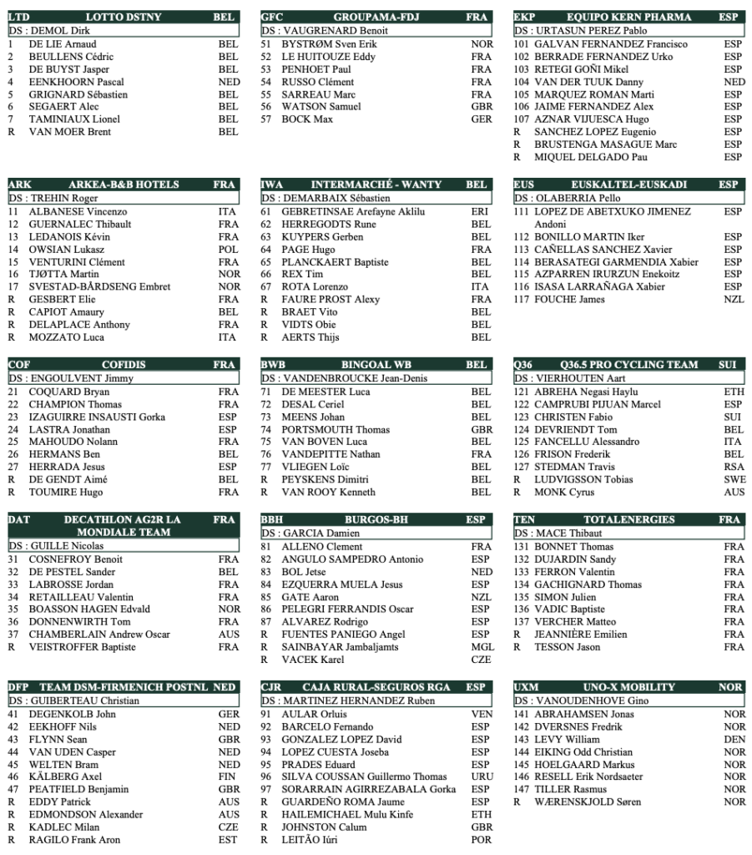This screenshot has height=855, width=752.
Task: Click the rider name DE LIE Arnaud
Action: pos(63,44)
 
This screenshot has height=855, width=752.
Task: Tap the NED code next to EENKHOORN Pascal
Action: pos(228,82)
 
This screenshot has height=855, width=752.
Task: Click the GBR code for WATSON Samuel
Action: pos(482,107)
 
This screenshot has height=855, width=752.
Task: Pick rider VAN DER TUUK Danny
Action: pos(588,82)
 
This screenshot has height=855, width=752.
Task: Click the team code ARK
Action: pos(18,185)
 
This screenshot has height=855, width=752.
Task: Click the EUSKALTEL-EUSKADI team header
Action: pos(629,185)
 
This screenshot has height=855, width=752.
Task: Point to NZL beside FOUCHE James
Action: pos(734,300)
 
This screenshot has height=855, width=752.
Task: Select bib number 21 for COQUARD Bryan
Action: pos(13,392)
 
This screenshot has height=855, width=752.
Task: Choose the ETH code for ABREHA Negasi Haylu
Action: pos(734,392)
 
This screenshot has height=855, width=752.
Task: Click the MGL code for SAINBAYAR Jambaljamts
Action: pos(482,647)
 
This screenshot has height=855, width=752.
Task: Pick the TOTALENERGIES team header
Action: pos(629,519)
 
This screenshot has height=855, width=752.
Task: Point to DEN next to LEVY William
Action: pos(734,740)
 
